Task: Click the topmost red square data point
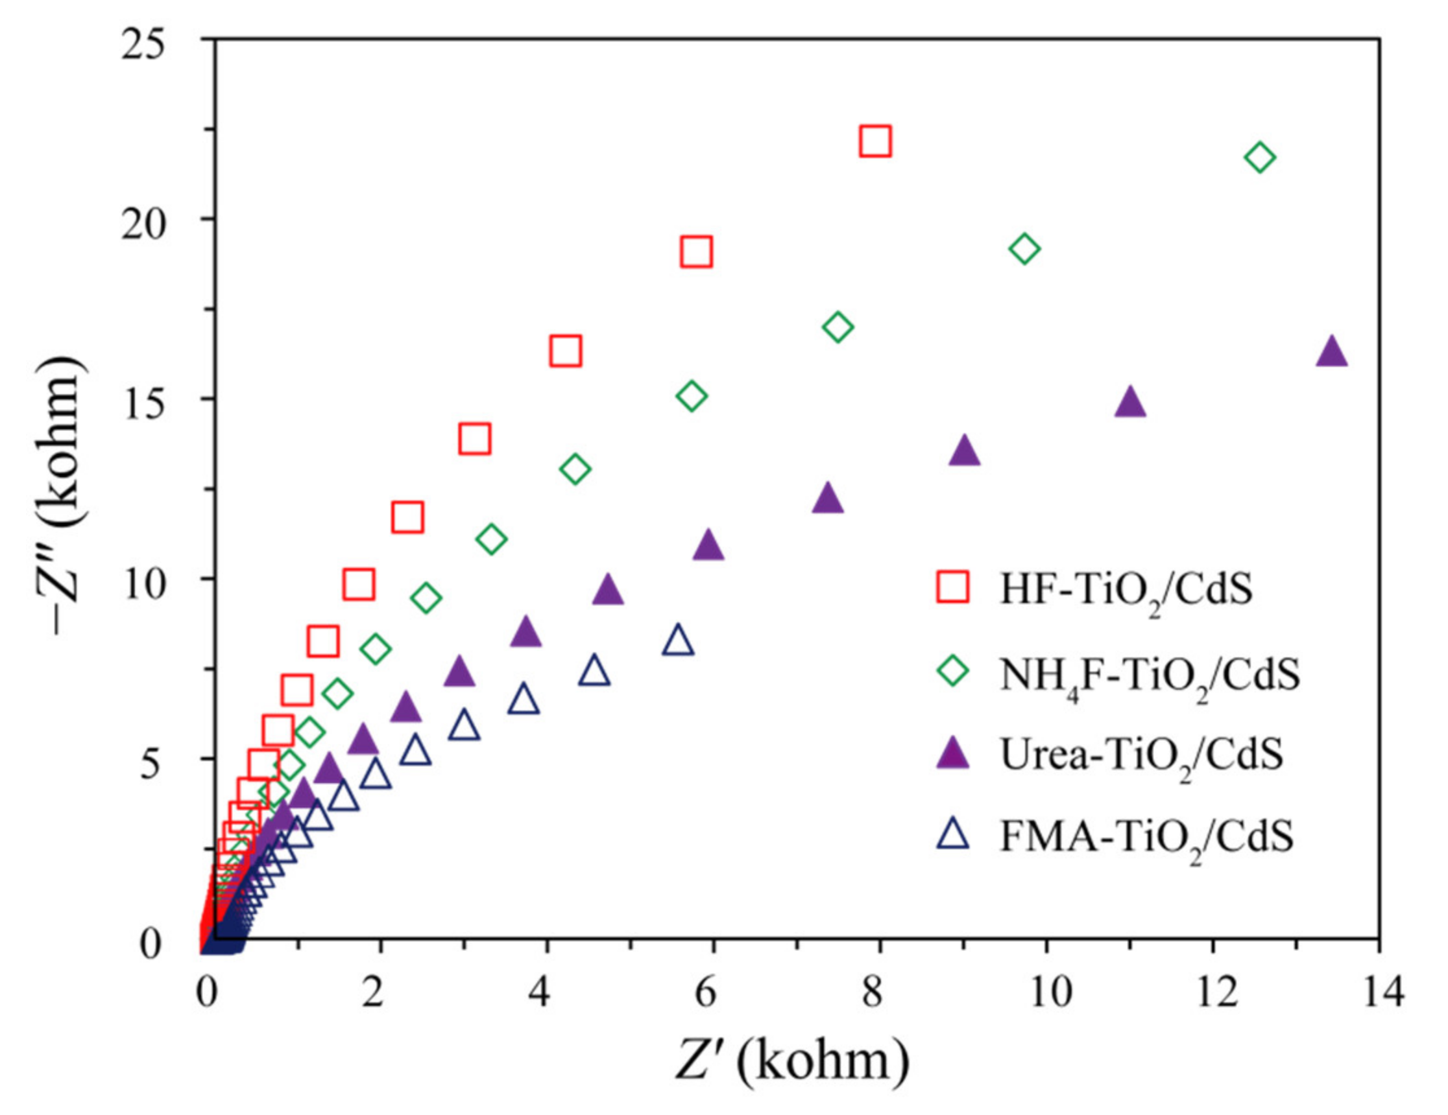[x=875, y=141]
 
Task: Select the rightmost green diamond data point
[x=1260, y=158]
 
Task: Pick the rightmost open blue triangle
[x=677, y=640]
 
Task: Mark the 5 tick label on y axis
[x=153, y=760]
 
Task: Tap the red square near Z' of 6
[x=696, y=252]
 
